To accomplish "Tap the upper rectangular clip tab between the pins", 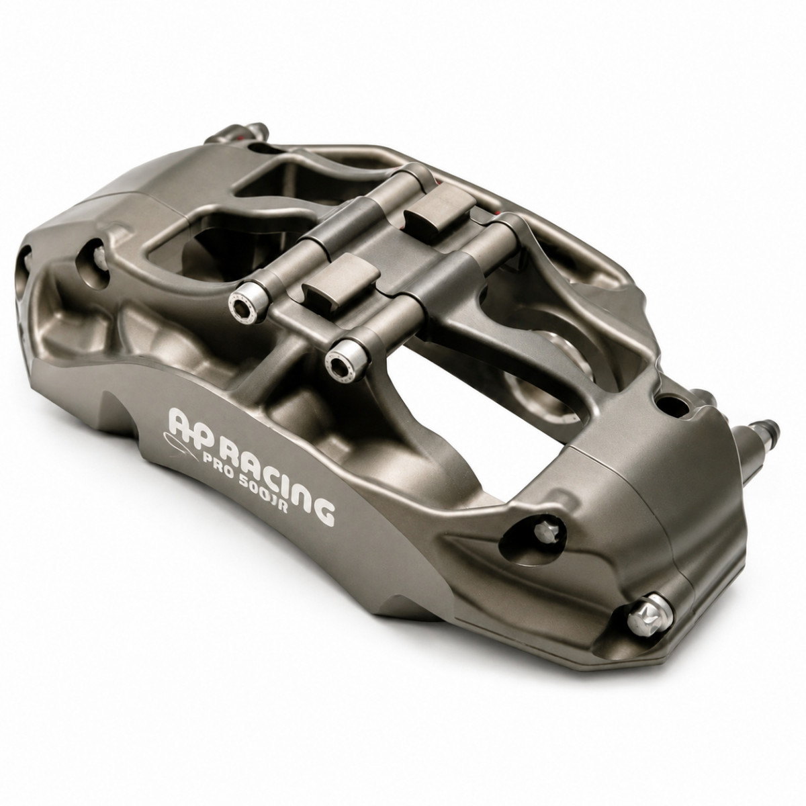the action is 439,214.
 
